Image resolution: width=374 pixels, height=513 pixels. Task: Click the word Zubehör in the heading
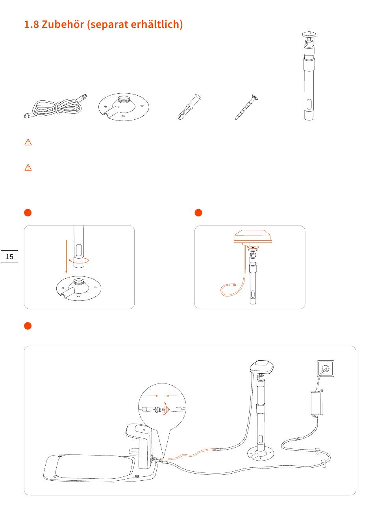click(63, 24)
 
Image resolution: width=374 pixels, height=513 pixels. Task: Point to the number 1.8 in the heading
click(31, 24)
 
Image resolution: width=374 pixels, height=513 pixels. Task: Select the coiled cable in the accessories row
click(56, 106)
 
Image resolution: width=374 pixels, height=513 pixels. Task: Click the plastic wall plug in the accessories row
click(189, 107)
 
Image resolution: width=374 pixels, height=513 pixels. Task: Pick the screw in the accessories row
click(247, 107)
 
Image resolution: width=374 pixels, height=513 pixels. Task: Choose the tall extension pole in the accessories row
click(309, 76)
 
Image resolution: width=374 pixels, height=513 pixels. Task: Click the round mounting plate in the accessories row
click(124, 107)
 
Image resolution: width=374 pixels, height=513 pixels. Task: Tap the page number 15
click(9, 257)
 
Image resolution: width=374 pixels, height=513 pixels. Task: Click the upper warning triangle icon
click(28, 142)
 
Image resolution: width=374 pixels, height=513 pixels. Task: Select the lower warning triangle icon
click(28, 168)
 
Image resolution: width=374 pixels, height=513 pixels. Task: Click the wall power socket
click(326, 369)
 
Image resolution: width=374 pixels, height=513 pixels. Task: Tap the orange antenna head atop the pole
click(253, 236)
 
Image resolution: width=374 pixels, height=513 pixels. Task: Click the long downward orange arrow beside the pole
click(66, 257)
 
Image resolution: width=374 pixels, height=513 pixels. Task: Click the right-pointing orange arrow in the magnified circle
click(153, 396)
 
